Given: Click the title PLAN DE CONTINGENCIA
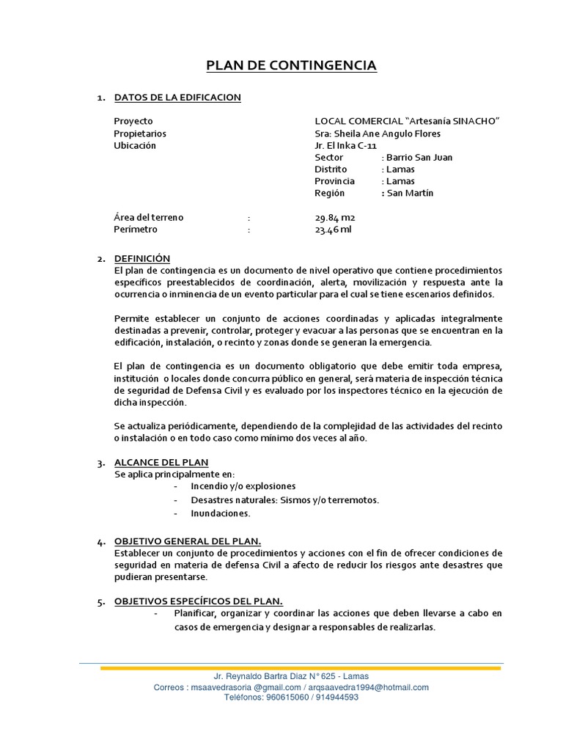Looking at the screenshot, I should pos(291,66).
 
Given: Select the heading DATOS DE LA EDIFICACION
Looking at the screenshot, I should pos(177,98).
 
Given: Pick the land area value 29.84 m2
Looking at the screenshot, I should pos(335,217).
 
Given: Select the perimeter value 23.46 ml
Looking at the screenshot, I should pos(334,229).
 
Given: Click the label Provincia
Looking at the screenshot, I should pos(334,180).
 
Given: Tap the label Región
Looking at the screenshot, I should pos(329,192).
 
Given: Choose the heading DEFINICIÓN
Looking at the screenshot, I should pos(142,258).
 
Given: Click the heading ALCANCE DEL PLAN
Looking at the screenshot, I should pos(161,462).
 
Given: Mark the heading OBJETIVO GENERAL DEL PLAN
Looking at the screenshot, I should pos(188,541).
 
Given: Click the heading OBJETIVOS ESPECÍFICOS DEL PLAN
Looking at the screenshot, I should pos(199,601).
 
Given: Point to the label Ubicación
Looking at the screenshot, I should pos(135,145).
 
